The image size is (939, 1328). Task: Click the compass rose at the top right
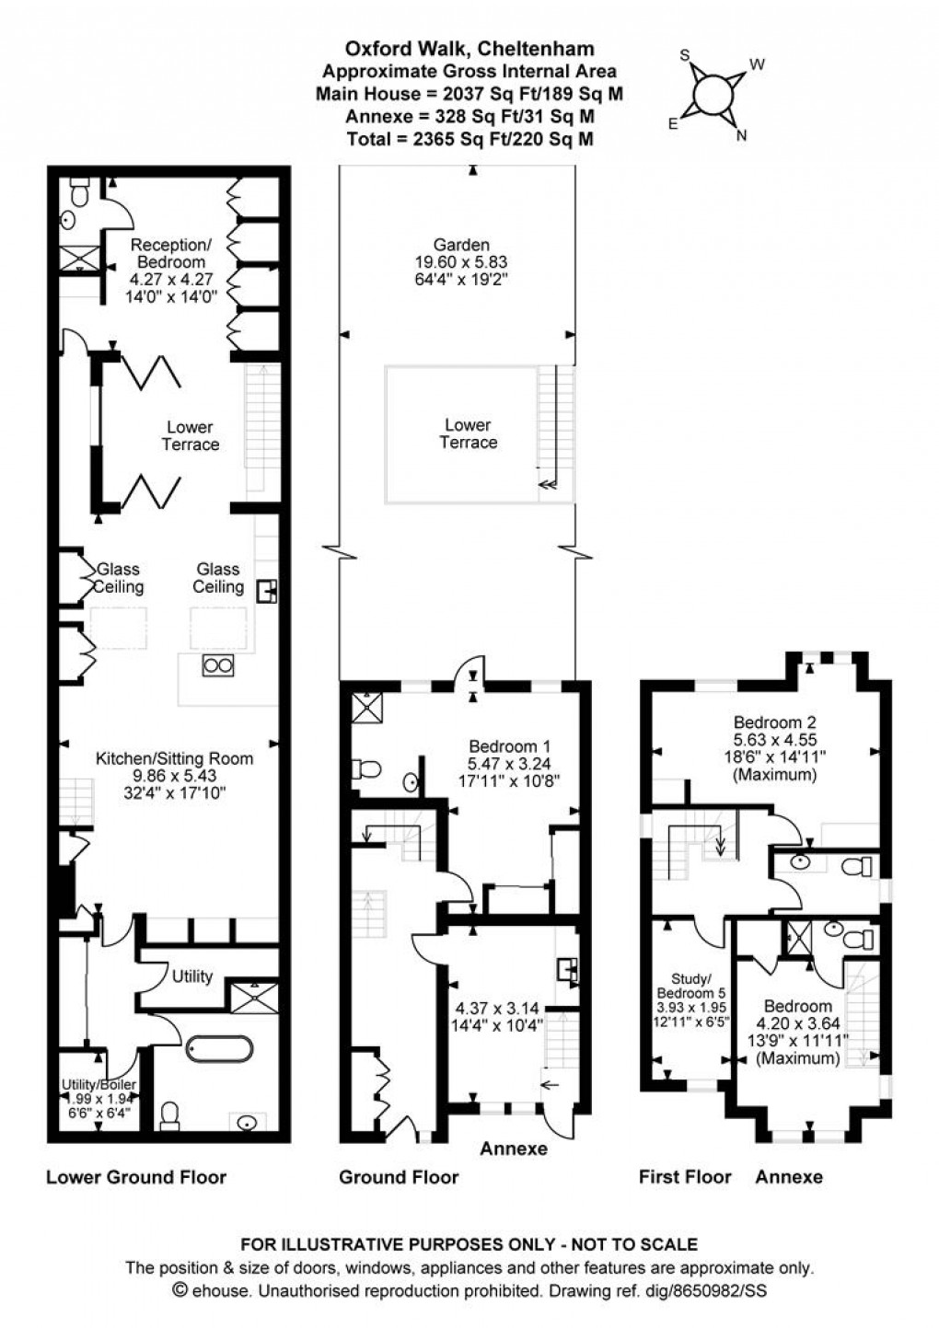tap(712, 94)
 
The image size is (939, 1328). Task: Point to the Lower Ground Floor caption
tap(136, 1176)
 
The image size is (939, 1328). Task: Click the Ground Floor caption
tap(399, 1176)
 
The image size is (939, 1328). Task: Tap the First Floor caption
tap(685, 1176)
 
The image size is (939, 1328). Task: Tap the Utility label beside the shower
tap(192, 976)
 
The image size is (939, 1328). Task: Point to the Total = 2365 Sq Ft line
tap(469, 139)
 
